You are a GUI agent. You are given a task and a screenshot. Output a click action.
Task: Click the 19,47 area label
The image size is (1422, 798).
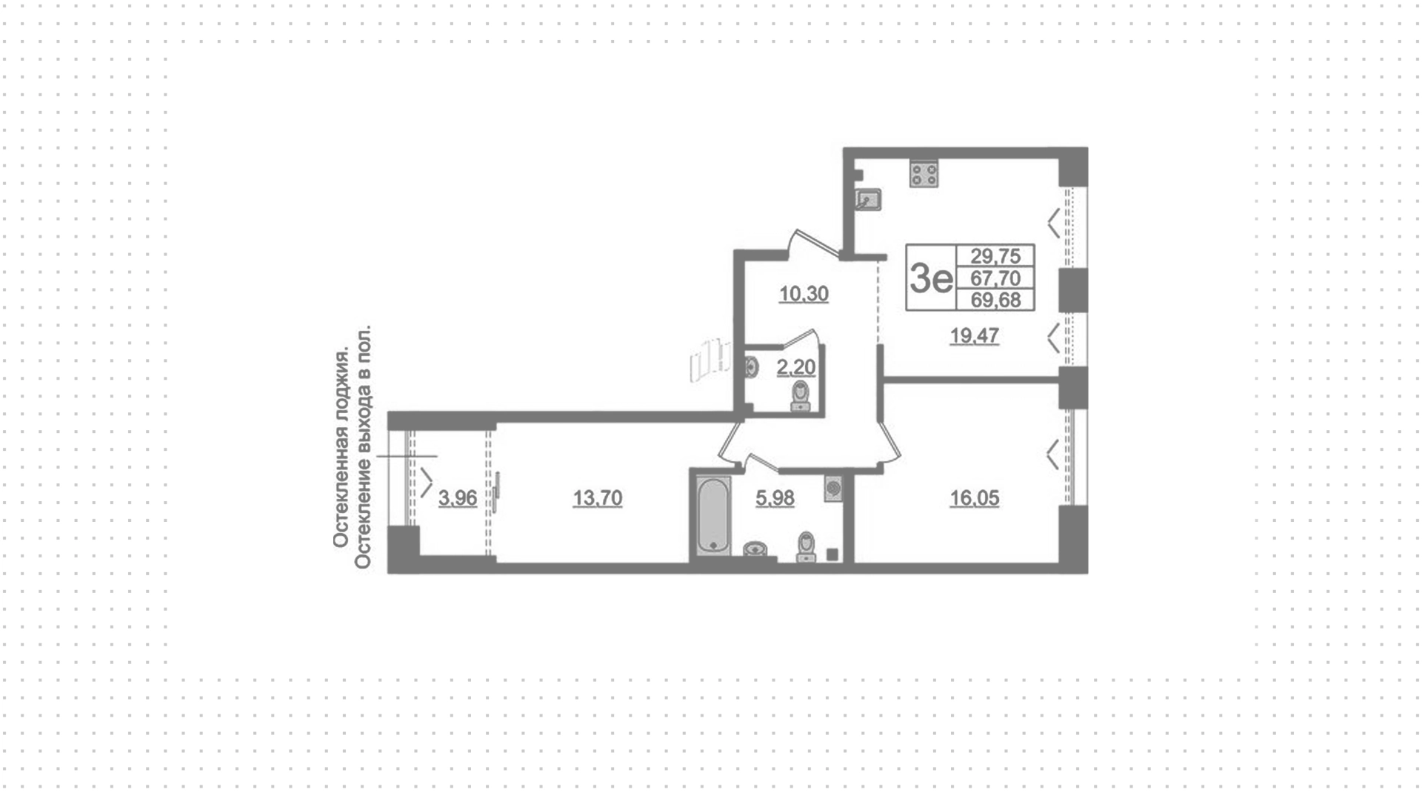pyautogui.click(x=975, y=336)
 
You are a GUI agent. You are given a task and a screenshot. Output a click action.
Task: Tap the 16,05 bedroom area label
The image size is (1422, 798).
pyautogui.click(x=975, y=498)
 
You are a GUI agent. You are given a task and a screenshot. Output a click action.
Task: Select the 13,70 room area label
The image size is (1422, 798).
pyautogui.click(x=598, y=498)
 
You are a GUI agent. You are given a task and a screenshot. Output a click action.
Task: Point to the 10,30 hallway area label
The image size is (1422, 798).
pyautogui.click(x=804, y=294)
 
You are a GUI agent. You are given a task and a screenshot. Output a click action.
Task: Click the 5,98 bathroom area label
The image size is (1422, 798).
pyautogui.click(x=775, y=498)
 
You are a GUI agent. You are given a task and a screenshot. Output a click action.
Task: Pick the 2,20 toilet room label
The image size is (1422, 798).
pyautogui.click(x=796, y=367)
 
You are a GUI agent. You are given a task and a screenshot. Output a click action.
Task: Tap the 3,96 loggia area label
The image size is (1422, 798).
pyautogui.click(x=458, y=498)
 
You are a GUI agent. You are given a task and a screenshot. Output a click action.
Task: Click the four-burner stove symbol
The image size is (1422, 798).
pyautogui.click(x=924, y=174)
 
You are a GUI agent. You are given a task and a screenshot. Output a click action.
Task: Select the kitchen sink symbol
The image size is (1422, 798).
pyautogui.click(x=867, y=199)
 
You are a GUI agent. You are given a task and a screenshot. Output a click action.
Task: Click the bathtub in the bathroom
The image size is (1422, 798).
pyautogui.click(x=714, y=515)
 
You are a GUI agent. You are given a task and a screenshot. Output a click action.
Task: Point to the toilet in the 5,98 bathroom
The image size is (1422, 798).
pyautogui.click(x=806, y=547)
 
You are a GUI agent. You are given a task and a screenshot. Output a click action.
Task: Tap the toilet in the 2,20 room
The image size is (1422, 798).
pyautogui.click(x=801, y=395)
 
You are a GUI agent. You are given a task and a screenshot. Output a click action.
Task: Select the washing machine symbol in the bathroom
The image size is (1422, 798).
pyautogui.click(x=834, y=489)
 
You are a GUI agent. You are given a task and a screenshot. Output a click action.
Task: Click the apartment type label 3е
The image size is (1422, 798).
pyautogui.click(x=931, y=278)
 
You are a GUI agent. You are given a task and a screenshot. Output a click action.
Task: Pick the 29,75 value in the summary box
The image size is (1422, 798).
pyautogui.click(x=996, y=256)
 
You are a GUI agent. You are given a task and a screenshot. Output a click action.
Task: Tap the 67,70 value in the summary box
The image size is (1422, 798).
pyautogui.click(x=996, y=278)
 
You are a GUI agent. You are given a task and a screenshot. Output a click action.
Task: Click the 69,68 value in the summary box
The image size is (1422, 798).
pyautogui.click(x=996, y=300)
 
